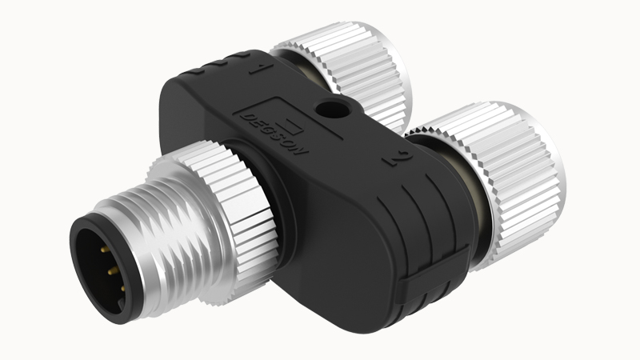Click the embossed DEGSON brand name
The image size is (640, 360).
pyautogui.click(x=274, y=134)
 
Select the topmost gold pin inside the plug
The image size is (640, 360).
pyautogui.click(x=104, y=249)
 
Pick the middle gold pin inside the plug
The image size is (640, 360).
pyautogui.click(x=112, y=270)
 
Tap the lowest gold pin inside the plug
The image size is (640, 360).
pyautogui.click(x=122, y=289)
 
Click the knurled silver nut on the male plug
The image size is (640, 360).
pyautogui.click(x=229, y=216)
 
